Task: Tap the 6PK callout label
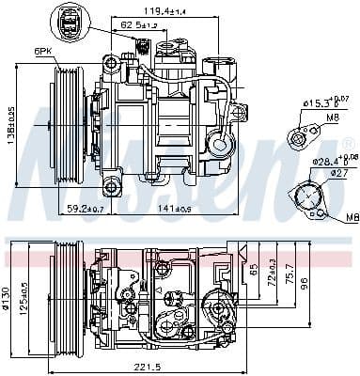point(42,51)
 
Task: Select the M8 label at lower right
point(351,218)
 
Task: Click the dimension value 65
point(252,269)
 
